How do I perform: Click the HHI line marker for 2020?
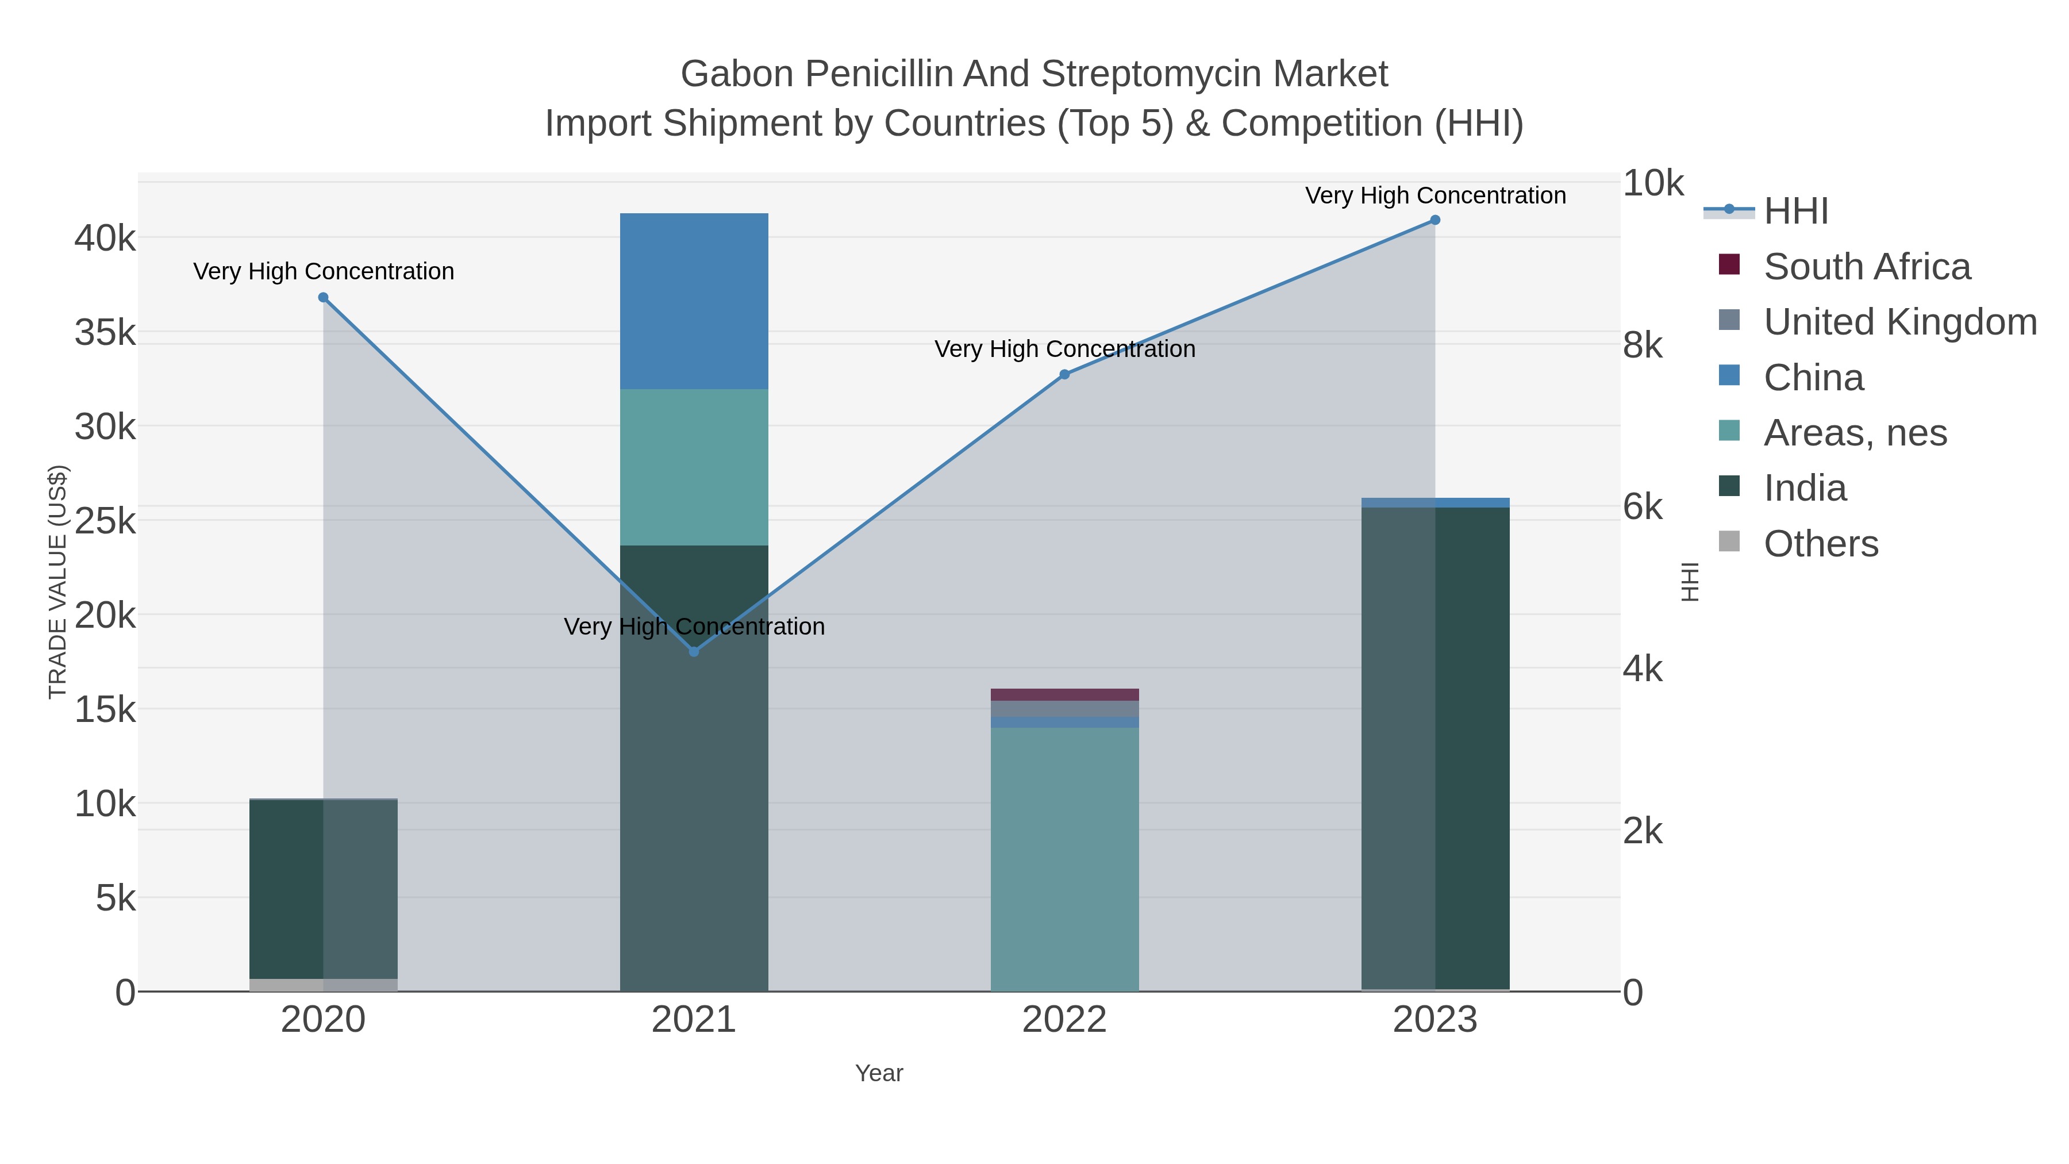(x=323, y=297)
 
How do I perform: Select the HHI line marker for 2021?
(x=694, y=651)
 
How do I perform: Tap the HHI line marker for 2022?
(x=1064, y=374)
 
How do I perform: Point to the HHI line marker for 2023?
(x=1435, y=220)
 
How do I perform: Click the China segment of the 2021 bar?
(x=694, y=301)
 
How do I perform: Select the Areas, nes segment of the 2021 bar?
(x=694, y=467)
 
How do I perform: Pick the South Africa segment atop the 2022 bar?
(x=1064, y=694)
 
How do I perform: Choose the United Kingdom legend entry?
(x=1899, y=322)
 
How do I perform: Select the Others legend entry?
(x=1820, y=544)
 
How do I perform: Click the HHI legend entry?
(x=1796, y=212)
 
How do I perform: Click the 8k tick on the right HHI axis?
(x=1643, y=345)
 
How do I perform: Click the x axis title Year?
(x=879, y=1073)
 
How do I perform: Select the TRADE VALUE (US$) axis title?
(x=58, y=582)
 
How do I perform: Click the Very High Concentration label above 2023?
(x=1435, y=195)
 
